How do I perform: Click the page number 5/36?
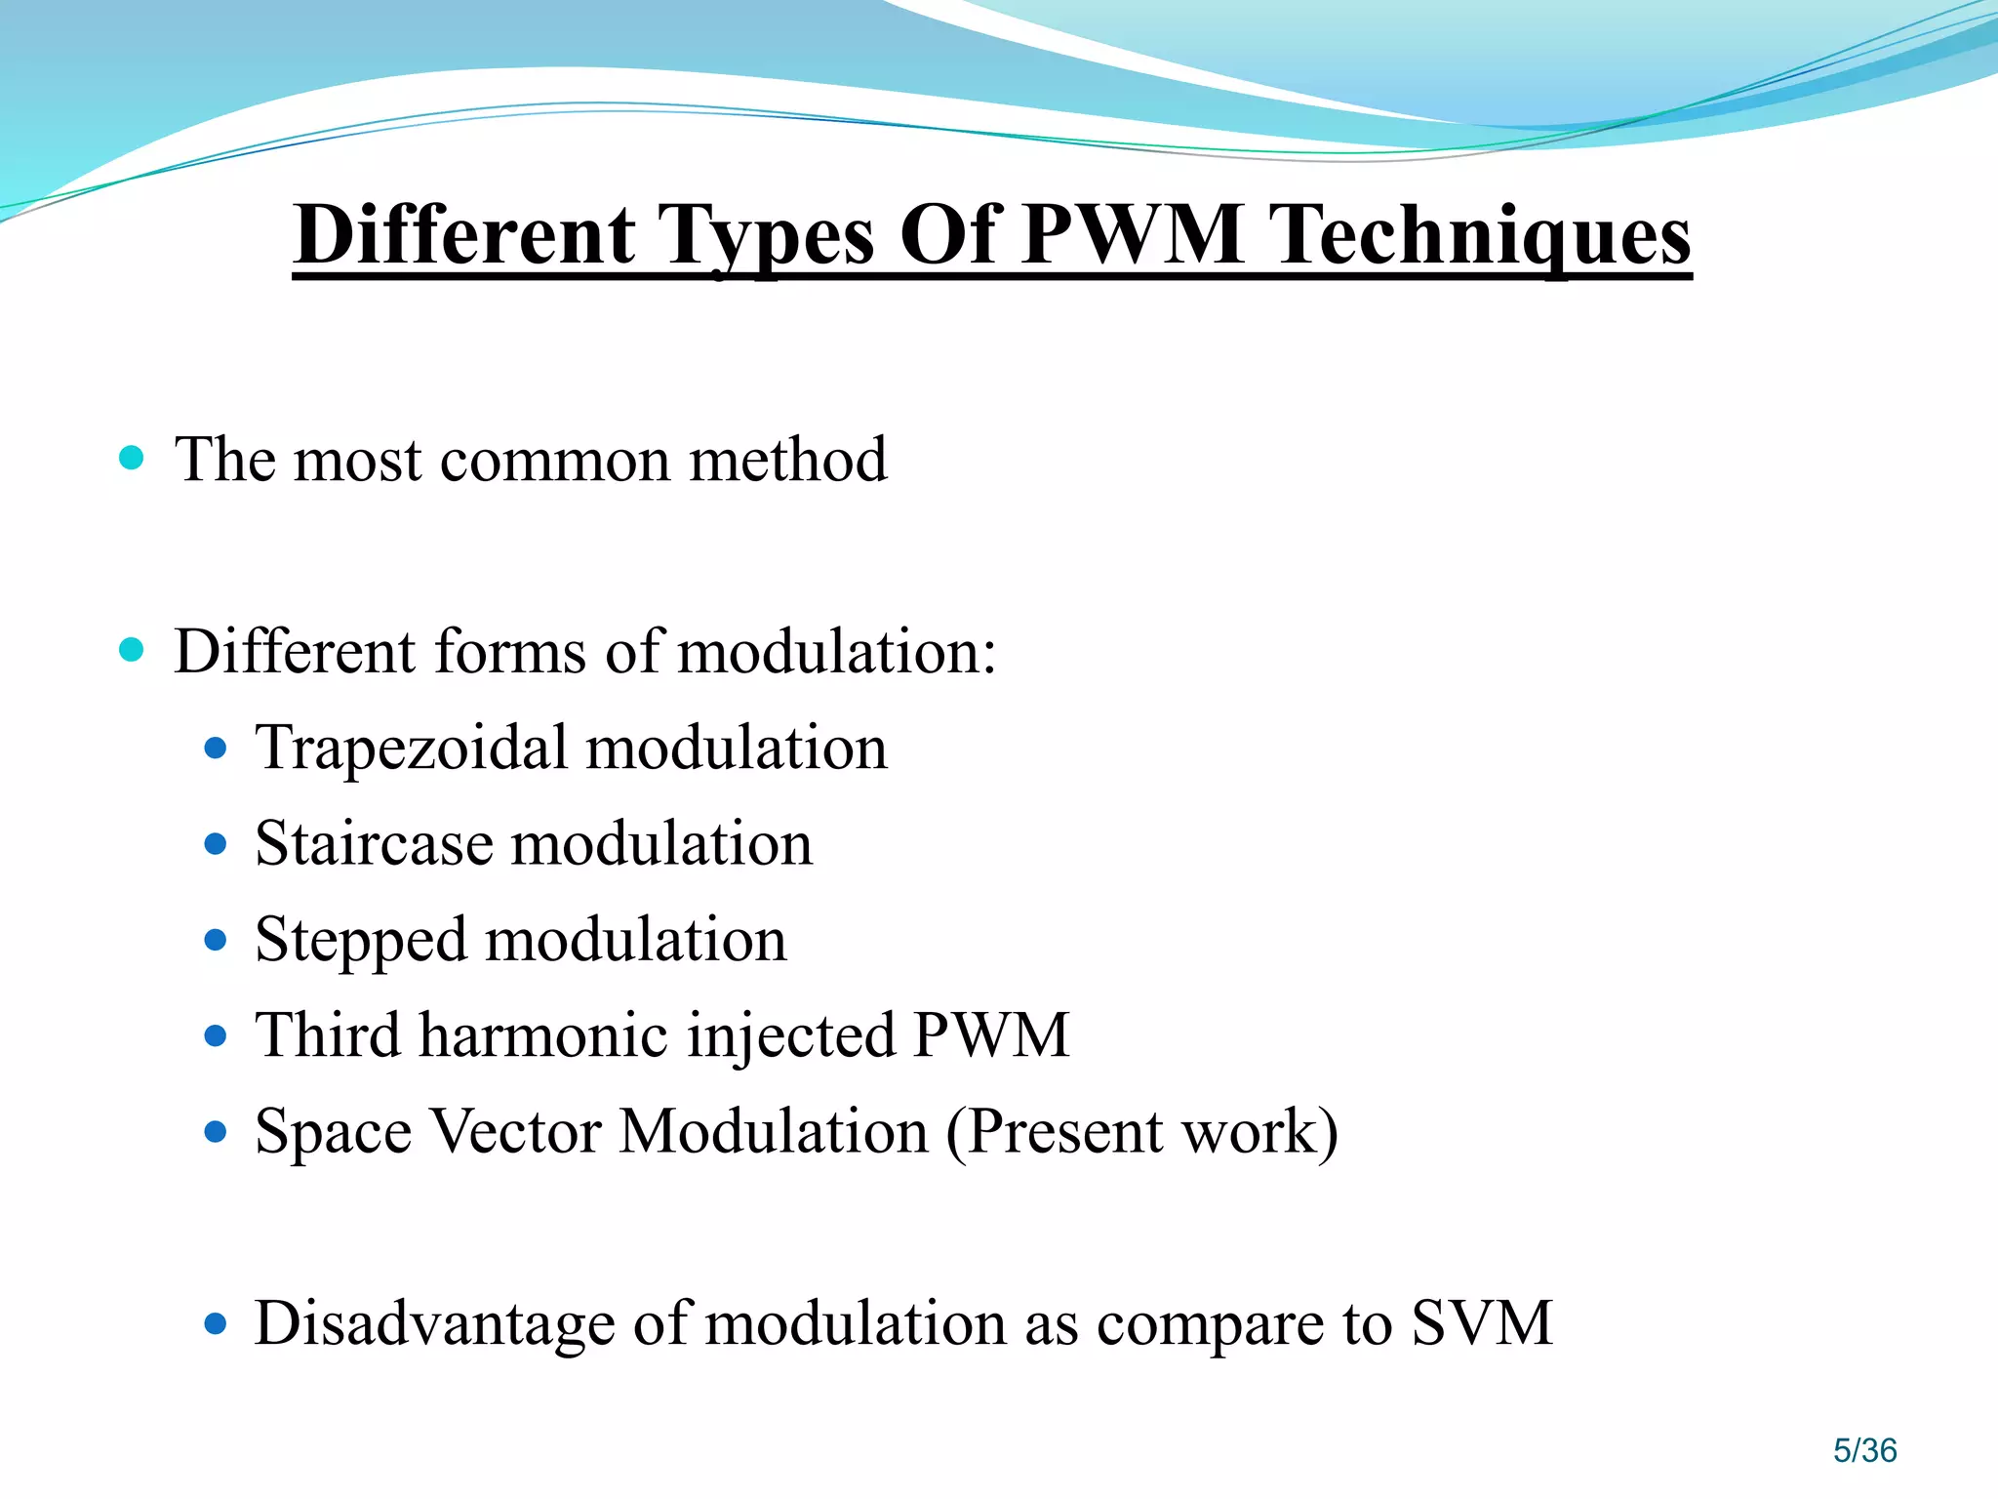[x=1864, y=1450]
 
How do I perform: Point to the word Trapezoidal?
[x=411, y=749]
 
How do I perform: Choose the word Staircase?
[x=375, y=844]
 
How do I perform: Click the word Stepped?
[x=361, y=941]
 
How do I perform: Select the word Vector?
[x=516, y=1131]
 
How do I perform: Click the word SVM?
[x=1482, y=1323]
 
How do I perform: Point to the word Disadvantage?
[x=435, y=1323]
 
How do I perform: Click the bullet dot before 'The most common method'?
[x=132, y=458]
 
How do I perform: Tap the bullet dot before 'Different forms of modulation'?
[x=132, y=650]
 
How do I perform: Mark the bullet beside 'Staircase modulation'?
[x=216, y=844]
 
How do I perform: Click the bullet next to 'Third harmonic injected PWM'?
[x=216, y=1035]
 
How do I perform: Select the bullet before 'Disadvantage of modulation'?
[x=216, y=1324]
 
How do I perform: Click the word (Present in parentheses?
[x=1055, y=1132]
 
